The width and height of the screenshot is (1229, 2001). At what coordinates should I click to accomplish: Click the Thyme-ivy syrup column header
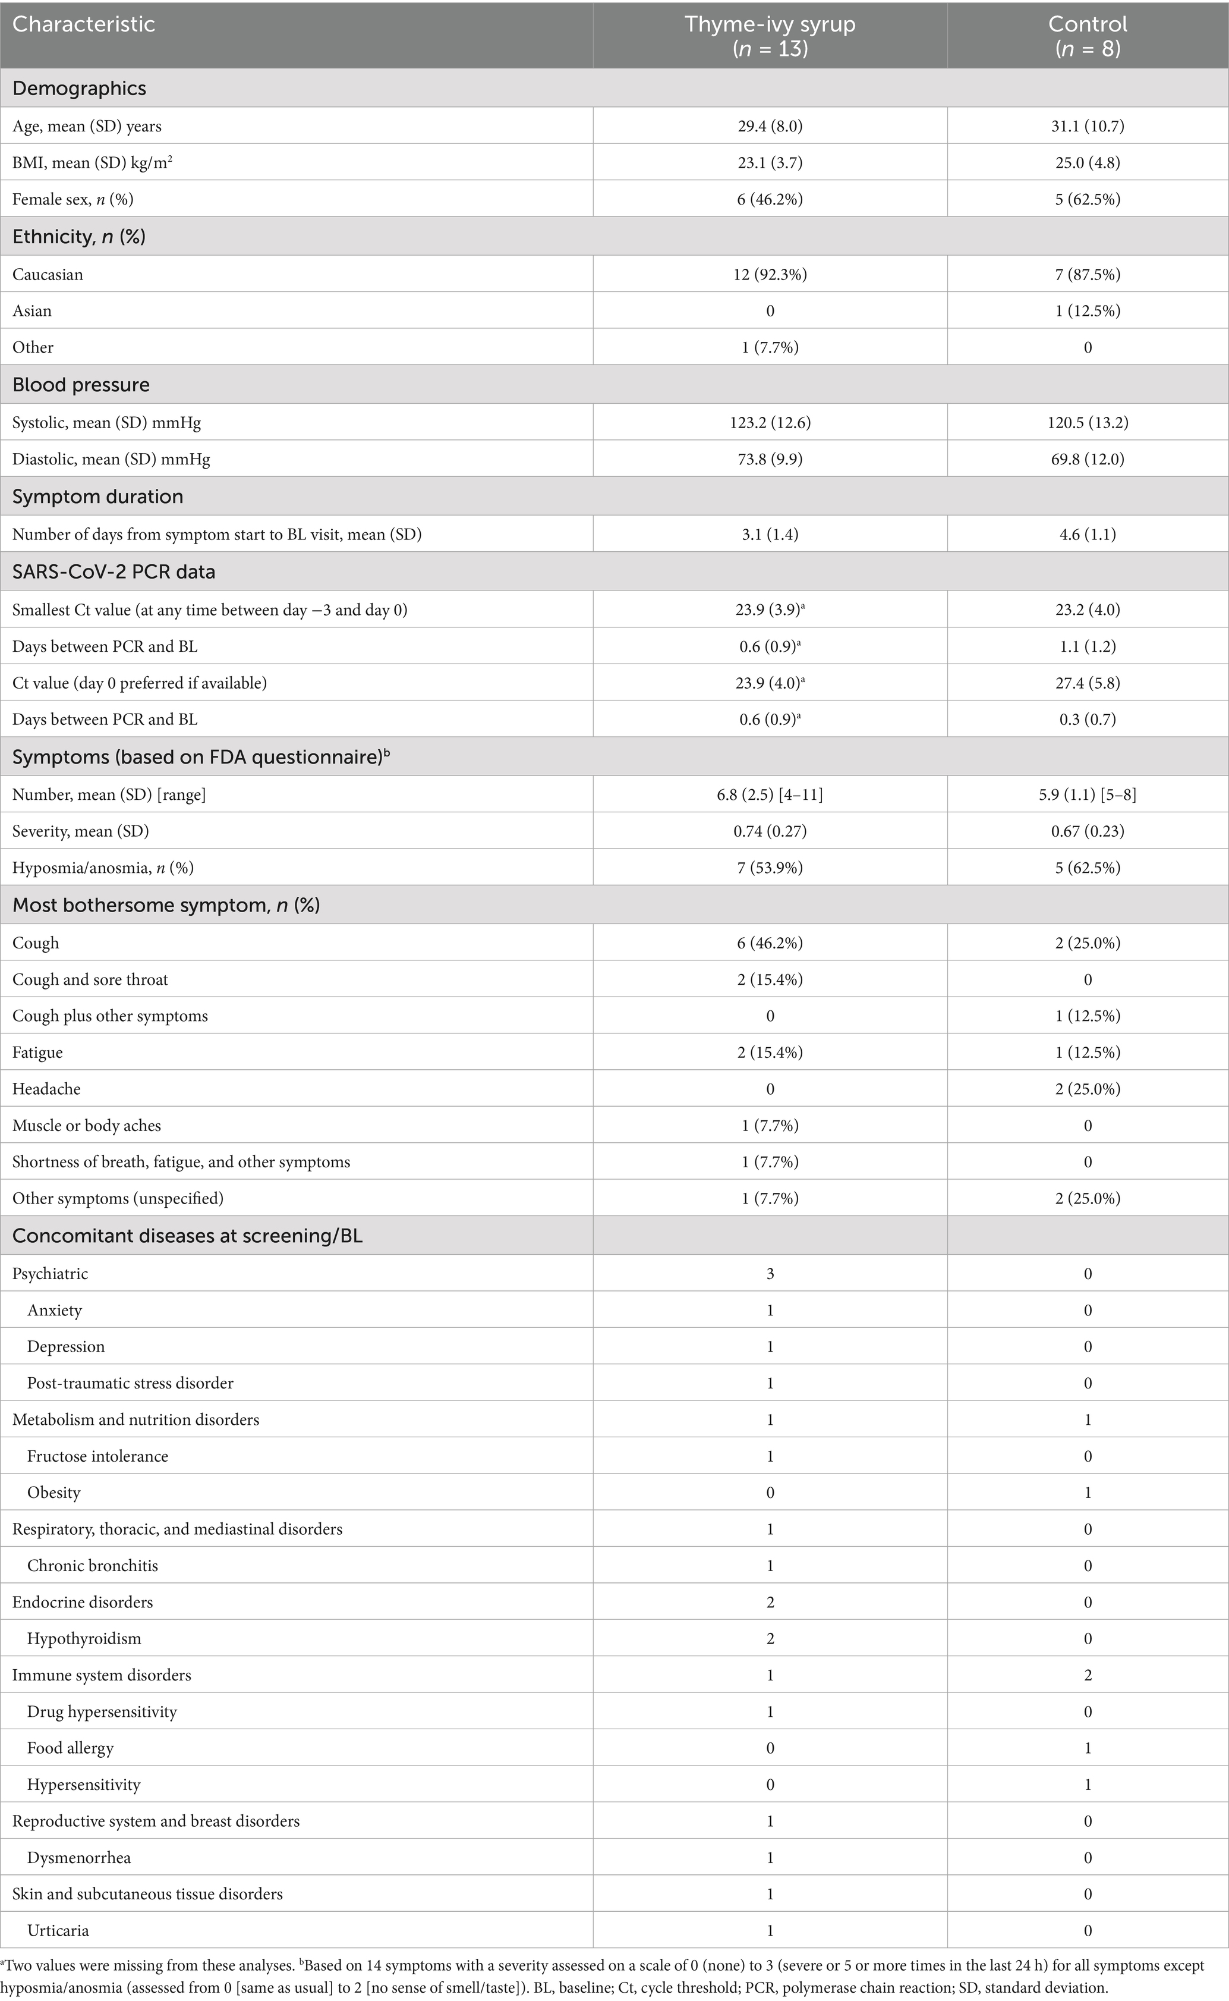click(770, 35)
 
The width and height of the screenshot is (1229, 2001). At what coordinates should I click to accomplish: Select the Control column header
click(1088, 35)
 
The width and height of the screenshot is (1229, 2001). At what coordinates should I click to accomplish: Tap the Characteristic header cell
click(83, 24)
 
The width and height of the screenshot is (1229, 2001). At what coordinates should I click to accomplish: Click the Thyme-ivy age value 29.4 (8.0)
click(770, 126)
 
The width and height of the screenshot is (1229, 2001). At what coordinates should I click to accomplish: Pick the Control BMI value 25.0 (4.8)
click(1088, 162)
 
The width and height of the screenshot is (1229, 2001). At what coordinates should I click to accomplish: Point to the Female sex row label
click(73, 199)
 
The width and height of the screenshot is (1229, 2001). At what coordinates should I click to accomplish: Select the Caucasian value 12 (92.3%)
click(770, 275)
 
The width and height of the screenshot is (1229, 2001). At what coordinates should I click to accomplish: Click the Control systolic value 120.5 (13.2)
click(1088, 423)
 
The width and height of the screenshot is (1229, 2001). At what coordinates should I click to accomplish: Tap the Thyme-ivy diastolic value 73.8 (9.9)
click(770, 460)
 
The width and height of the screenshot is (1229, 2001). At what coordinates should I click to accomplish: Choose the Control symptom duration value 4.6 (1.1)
click(1088, 534)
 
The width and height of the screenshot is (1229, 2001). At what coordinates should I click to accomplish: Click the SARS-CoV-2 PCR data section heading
click(114, 571)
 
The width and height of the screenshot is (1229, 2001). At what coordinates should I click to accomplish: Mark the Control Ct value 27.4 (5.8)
click(1088, 683)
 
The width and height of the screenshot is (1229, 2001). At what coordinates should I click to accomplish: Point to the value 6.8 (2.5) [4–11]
click(770, 794)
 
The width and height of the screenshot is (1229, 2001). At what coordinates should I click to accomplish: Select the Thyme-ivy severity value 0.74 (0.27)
click(770, 831)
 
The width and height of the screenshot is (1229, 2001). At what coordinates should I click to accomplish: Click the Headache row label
click(46, 1089)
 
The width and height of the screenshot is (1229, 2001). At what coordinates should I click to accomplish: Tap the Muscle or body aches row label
click(86, 1125)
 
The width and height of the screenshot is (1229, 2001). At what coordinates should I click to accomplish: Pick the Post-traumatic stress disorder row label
click(130, 1383)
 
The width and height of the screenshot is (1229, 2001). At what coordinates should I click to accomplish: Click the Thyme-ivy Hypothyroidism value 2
click(770, 1638)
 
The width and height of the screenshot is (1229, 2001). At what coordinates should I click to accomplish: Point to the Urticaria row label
click(58, 1930)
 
